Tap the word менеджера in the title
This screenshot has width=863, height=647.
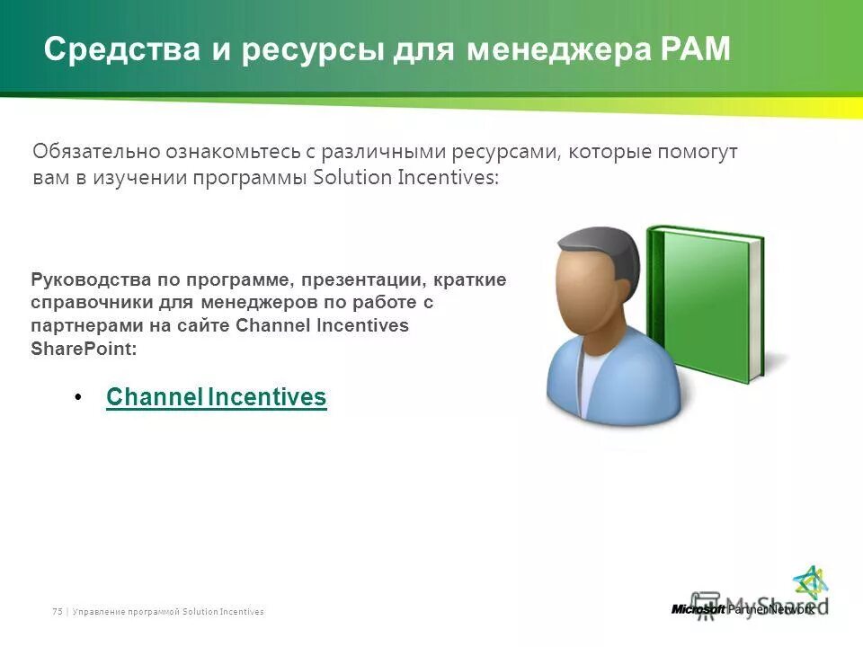click(x=553, y=49)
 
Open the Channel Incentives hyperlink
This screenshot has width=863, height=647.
click(x=216, y=397)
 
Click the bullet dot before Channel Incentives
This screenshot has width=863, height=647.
click(x=79, y=397)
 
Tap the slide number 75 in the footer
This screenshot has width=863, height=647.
click(x=57, y=611)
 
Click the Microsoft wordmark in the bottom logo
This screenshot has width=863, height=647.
click(x=698, y=609)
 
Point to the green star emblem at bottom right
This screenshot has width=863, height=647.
click(x=810, y=583)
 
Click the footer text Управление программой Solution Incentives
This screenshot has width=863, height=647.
click(x=167, y=611)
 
